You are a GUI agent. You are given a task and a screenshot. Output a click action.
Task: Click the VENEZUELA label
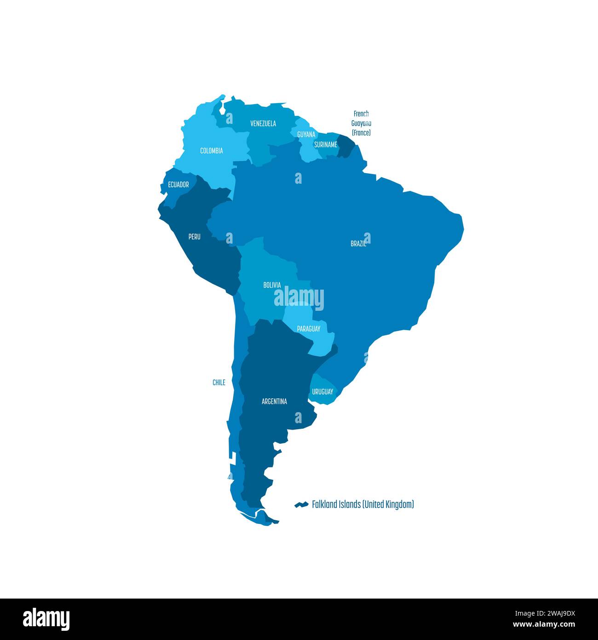(263, 123)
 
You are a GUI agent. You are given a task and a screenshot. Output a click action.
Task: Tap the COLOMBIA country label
(211, 151)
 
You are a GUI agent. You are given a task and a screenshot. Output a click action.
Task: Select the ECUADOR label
(178, 185)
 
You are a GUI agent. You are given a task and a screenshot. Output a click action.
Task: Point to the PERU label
(194, 237)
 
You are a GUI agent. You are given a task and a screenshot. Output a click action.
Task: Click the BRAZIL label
(358, 244)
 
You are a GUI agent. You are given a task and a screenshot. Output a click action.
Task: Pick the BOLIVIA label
(272, 285)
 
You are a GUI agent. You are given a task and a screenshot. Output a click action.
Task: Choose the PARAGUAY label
(308, 329)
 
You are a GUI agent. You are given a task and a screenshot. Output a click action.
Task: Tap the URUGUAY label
(322, 392)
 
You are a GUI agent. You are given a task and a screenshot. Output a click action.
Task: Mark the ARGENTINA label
(274, 401)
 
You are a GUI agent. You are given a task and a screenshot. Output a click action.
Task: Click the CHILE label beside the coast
(219, 382)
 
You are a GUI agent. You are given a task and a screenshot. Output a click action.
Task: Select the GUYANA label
(306, 134)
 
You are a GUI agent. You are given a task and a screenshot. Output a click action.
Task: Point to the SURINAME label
(325, 145)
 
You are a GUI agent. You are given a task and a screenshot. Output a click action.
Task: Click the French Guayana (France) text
(361, 123)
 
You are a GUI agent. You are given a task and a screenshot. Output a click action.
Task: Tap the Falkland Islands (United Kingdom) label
(362, 504)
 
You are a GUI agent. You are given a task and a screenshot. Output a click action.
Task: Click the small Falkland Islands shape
(301, 505)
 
